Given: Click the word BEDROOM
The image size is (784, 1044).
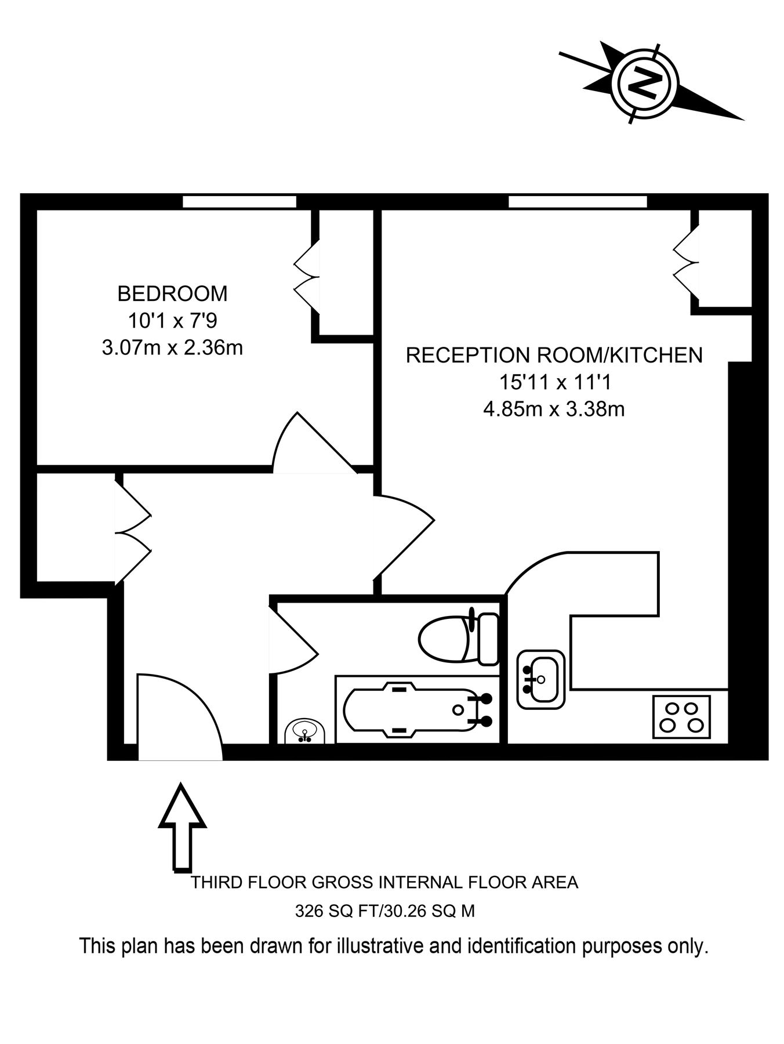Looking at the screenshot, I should pos(172,293).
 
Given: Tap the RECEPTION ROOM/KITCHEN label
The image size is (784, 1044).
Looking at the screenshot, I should pos(554,355).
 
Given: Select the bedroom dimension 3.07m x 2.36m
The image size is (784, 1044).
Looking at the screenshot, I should pos(172,348).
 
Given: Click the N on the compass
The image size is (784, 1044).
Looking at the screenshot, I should pos(644,82).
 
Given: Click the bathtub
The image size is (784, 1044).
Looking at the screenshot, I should pos(416,710).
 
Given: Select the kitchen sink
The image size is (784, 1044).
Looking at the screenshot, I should pos(540,679).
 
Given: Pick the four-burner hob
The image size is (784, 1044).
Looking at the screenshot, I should pos(681,717).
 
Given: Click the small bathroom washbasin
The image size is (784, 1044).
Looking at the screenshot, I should pos(305,733).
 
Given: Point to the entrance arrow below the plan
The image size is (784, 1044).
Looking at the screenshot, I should pos(182,826).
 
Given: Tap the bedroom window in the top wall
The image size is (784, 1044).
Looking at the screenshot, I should pos(239,202).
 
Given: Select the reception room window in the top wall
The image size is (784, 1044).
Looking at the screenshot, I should pos(577,202).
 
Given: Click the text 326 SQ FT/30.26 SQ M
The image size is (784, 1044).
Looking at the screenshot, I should pos(384,911).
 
